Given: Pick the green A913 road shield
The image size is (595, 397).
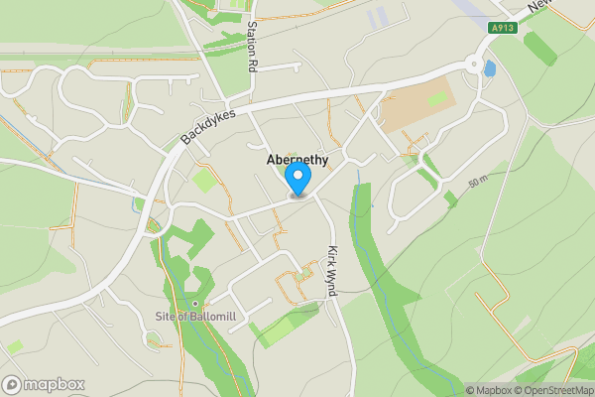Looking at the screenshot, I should point(504,29).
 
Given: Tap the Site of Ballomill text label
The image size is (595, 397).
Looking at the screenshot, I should point(199,317).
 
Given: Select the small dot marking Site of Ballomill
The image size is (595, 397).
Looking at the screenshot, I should point(195,303).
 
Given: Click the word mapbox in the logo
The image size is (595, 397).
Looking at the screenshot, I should point(56,384).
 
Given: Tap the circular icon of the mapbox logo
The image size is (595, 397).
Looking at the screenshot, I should point(13,384).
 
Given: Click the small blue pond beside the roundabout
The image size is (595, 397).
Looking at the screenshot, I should point(489,68).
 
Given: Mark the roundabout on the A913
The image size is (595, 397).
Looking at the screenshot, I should point(474,66).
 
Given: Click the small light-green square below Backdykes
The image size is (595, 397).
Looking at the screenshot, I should point(205,181).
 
